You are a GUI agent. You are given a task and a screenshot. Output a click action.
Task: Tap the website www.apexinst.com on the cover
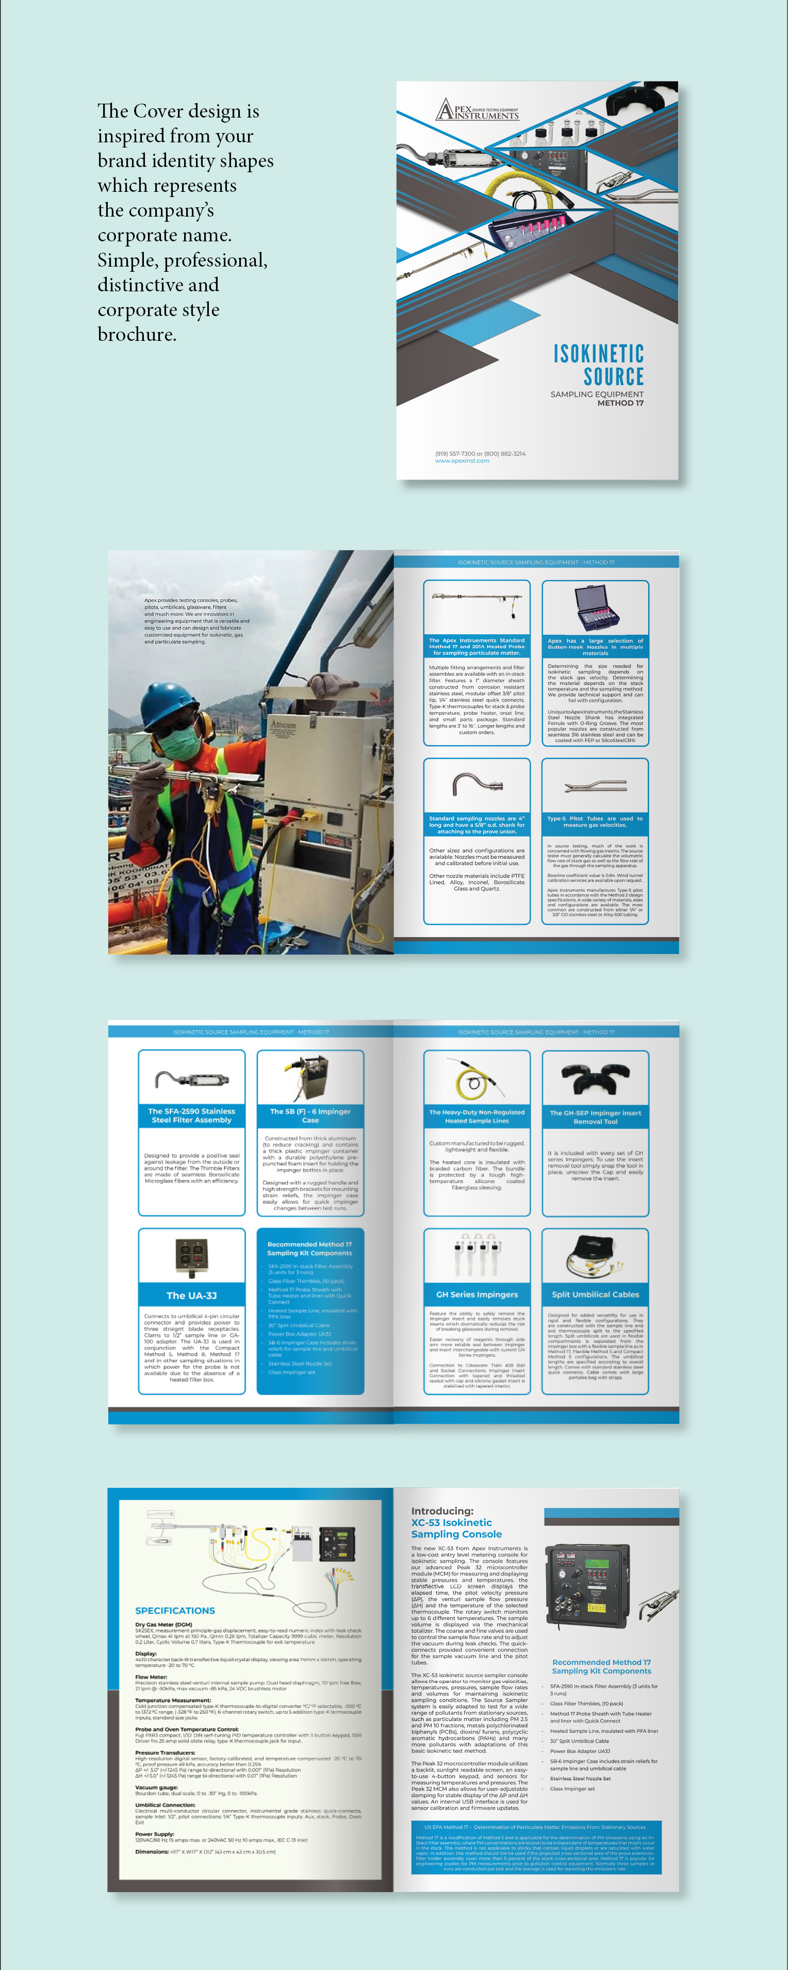pos(462,461)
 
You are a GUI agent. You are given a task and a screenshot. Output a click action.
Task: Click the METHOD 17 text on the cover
pos(620,403)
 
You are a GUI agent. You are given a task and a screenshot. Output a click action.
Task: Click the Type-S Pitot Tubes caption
pos(595,822)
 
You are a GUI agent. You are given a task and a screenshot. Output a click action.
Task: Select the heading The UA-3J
pos(191,1295)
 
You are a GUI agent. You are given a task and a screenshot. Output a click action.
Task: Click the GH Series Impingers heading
pos(477,1295)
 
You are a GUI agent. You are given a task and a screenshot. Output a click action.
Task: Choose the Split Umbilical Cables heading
pos(595,1295)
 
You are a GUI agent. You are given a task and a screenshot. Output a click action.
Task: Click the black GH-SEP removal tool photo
pos(595,1078)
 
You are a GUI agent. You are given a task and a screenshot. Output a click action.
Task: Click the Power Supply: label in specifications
pos(155,1834)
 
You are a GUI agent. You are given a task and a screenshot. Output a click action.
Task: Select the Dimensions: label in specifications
pos(152,1851)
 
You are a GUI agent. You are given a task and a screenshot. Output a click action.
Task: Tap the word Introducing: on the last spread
pos(442,1511)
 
